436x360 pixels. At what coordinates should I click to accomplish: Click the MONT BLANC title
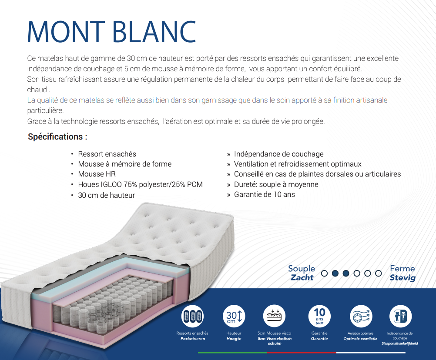pos(111,32)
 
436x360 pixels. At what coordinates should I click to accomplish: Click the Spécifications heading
pos(57,137)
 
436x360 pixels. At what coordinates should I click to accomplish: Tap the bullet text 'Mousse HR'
pos(97,174)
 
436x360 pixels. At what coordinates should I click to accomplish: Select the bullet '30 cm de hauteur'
pos(107,195)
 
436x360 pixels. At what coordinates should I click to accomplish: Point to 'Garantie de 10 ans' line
pos(265,194)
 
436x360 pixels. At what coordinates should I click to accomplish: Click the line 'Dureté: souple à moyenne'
pos(276,184)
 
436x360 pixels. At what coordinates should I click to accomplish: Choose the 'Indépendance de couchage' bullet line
pos(279,154)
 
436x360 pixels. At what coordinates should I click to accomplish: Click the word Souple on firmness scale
pos(302,269)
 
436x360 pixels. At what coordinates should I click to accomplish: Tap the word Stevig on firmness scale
pos(402,277)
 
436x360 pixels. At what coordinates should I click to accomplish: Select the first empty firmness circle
pos(324,273)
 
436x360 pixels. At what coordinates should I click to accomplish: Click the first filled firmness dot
pos(335,273)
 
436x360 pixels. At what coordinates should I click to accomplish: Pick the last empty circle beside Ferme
pos(378,273)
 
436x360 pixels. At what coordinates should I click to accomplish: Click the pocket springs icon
pos(192,316)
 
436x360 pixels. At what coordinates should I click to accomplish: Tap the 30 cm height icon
pos(234,316)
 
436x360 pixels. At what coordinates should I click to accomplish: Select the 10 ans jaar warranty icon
pos(319,316)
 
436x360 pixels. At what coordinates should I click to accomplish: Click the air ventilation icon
pos(361,316)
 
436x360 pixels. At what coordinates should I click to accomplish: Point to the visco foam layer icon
pos(275,316)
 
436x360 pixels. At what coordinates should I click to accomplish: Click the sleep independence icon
pos(400,316)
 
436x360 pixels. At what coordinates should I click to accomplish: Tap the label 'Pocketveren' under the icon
pos(192,339)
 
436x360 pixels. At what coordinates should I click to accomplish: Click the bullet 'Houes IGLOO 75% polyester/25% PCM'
pos(141,184)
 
